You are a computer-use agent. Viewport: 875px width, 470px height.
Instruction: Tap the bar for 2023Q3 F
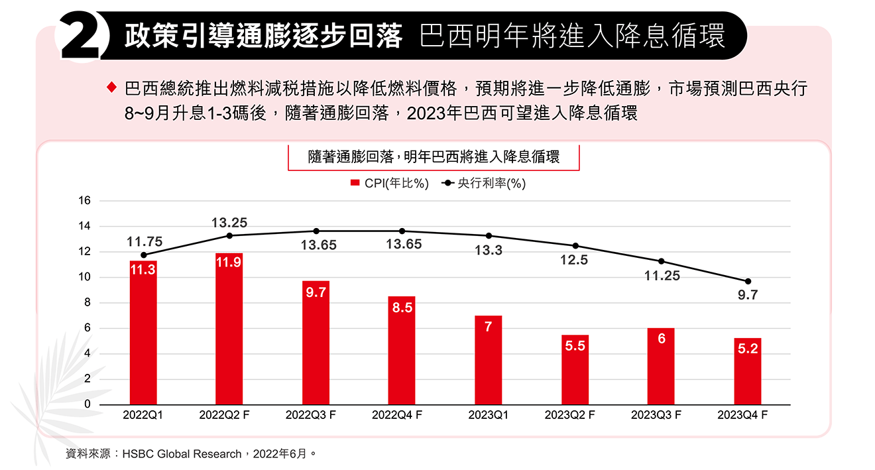pos(661,367)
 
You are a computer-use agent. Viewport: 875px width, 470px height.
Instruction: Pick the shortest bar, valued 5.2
pos(748,372)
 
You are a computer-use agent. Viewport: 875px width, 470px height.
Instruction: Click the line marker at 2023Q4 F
pos(748,281)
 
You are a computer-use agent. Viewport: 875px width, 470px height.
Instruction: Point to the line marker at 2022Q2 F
pos(229,235)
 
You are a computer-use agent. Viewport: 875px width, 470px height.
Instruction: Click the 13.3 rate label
pos(489,251)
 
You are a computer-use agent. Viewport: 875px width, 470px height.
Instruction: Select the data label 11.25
pos(662,276)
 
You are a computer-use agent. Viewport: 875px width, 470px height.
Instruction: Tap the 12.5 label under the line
pos(574,261)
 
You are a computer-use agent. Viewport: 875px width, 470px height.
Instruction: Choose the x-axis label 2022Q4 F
pos(397,416)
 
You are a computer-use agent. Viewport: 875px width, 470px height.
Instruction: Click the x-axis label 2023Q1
pos(488,416)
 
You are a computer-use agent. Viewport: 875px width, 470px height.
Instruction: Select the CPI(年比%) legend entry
pos(389,184)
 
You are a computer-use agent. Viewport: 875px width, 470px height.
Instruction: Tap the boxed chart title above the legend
pos(434,157)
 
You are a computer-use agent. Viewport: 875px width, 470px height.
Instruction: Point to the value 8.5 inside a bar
pos(402,308)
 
